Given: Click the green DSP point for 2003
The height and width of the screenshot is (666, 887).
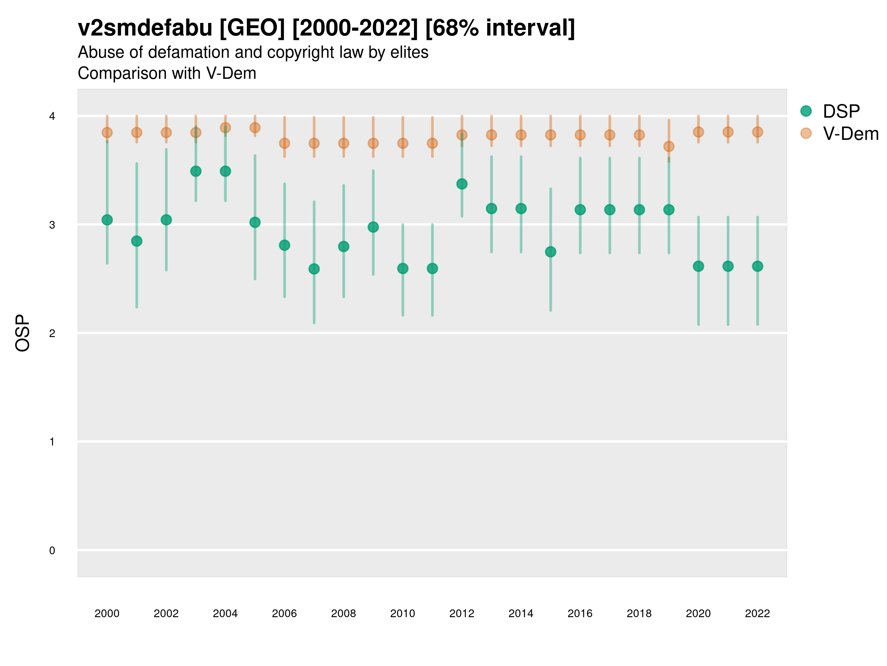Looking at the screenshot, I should [196, 171].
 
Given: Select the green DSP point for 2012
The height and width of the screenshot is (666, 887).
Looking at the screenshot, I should [462, 184].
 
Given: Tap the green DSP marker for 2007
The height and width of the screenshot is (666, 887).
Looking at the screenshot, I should [314, 269].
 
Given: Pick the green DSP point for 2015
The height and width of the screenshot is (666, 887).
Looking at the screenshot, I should [551, 252].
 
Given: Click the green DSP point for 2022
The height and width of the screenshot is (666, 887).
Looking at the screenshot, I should [758, 266].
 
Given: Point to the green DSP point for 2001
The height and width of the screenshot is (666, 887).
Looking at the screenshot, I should [137, 241].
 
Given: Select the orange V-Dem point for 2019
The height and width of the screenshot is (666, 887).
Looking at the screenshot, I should [669, 146].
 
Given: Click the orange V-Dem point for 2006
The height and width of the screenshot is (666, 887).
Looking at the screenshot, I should [284, 143].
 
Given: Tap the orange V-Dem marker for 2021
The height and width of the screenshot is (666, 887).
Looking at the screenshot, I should [728, 132].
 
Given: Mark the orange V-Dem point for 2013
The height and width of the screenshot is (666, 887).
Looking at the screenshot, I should [491, 135].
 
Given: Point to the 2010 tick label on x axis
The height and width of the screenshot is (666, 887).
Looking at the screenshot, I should [402, 613].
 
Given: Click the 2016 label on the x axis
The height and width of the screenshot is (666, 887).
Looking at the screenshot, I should [580, 613].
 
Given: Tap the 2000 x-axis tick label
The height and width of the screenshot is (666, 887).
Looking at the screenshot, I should [107, 613].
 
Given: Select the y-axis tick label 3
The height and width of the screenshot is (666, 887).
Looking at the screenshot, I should [52, 225].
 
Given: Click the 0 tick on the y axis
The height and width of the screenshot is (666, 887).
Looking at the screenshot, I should [52, 551].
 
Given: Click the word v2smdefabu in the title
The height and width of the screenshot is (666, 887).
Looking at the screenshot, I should [145, 28].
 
